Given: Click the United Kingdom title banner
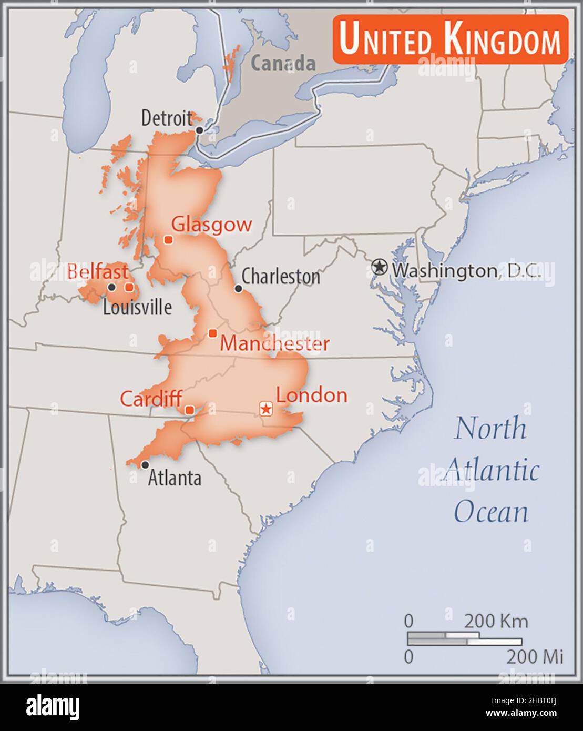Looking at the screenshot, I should pyautogui.click(x=450, y=39).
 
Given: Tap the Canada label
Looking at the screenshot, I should pyautogui.click(x=283, y=64).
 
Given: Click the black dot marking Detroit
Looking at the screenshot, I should pyautogui.click(x=199, y=130).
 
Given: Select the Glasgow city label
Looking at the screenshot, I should pyautogui.click(x=212, y=225).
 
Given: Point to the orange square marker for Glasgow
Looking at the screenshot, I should pyautogui.click(x=168, y=240).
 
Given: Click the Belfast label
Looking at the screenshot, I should pyautogui.click(x=98, y=272).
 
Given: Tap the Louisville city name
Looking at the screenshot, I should pyautogui.click(x=137, y=307).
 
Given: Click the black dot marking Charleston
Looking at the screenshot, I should pyautogui.click(x=238, y=288).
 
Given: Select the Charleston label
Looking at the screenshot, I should pyautogui.click(x=281, y=277).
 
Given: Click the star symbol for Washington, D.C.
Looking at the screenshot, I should pyautogui.click(x=379, y=267).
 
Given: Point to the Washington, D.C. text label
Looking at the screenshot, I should pyautogui.click(x=467, y=270).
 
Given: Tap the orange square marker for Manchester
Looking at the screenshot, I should pyautogui.click(x=213, y=333).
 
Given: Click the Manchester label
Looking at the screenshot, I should pyautogui.click(x=274, y=343).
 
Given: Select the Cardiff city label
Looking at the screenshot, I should pyautogui.click(x=151, y=399).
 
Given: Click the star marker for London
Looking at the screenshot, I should pyautogui.click(x=267, y=408).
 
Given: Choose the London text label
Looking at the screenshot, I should pyautogui.click(x=312, y=395).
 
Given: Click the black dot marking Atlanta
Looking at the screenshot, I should pyautogui.click(x=145, y=465).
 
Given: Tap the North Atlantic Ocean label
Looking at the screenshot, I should pyautogui.click(x=490, y=470).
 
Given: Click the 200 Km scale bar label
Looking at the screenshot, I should pyautogui.click(x=495, y=621).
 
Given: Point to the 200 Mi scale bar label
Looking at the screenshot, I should pyautogui.click(x=534, y=656).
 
